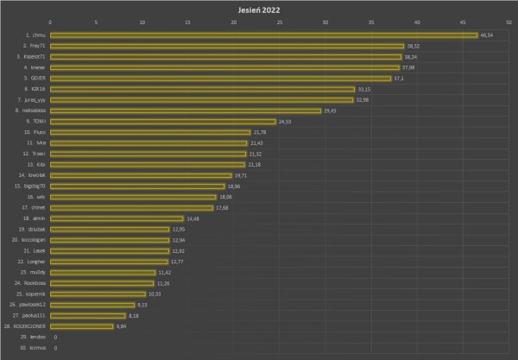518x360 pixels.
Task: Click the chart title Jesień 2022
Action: (259, 9)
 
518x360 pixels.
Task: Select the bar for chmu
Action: (263, 35)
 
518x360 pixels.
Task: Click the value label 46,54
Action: (486, 35)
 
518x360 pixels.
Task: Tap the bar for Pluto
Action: (150, 132)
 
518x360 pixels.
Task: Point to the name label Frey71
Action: (36, 46)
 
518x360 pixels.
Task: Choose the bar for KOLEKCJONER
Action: (81, 326)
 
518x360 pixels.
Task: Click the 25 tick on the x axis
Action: (280, 22)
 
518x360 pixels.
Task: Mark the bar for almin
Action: (117, 218)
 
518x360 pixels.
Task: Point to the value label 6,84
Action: (122, 326)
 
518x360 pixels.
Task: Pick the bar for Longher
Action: (109, 262)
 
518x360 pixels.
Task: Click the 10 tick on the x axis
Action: (142, 22)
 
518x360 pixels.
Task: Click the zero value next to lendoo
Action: (55, 337)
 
